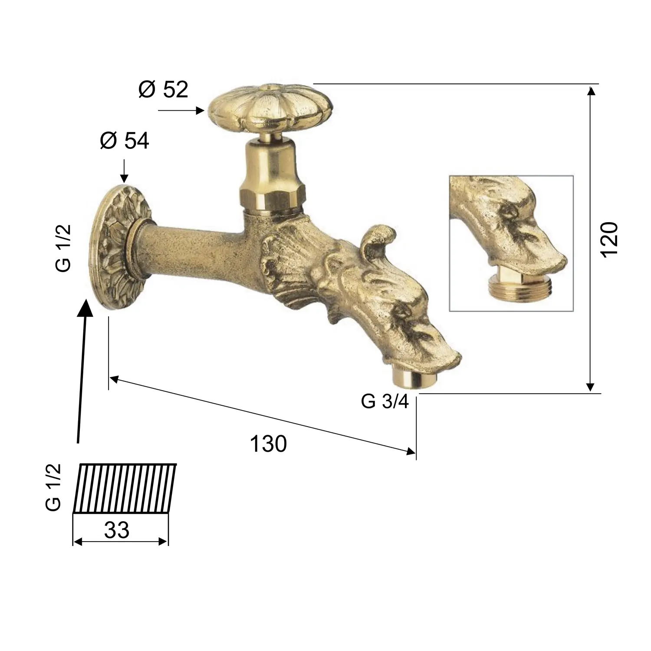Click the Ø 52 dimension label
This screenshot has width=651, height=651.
click(163, 89)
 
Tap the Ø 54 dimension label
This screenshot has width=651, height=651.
click(125, 141)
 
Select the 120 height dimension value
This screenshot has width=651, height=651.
click(609, 239)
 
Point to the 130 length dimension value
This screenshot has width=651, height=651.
click(268, 444)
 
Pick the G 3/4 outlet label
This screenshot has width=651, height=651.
click(385, 401)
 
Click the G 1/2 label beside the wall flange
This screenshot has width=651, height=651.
click(63, 248)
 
